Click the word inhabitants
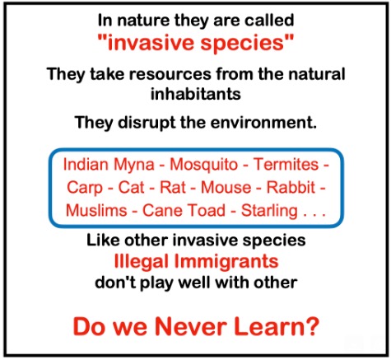196,94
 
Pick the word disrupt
146,123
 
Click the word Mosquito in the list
204,165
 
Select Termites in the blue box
286,164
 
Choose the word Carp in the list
85,188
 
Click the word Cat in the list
131,188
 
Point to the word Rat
173,188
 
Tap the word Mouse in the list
226,188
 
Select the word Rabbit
291,187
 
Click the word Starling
269,211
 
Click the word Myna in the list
134,165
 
